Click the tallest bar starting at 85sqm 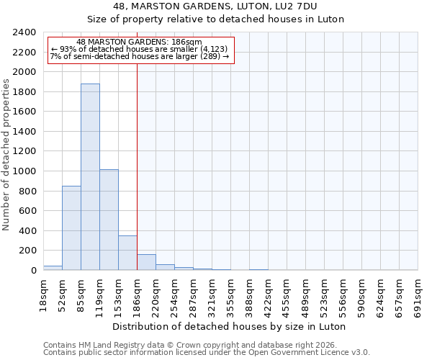click(90, 176)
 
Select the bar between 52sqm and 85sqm click(71, 228)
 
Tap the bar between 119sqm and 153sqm click(109, 220)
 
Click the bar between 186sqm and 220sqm click(146, 262)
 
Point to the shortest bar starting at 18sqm click(53, 268)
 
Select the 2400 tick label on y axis click(24, 33)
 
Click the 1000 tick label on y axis click(24, 171)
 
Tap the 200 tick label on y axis click(27, 251)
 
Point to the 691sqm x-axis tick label click(418, 295)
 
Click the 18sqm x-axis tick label click(43, 293)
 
